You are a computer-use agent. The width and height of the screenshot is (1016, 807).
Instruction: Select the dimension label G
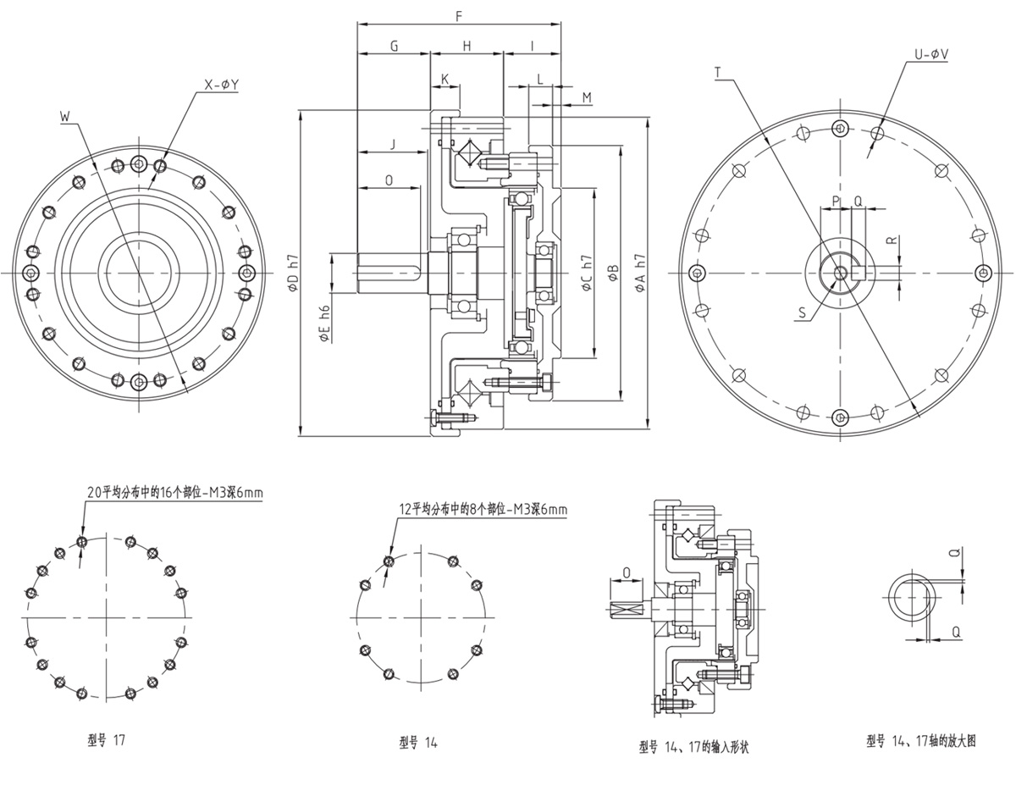point(394,46)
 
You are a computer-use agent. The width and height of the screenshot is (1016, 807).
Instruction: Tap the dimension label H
point(467,46)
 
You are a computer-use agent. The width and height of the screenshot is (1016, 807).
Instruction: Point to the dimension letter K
point(445,79)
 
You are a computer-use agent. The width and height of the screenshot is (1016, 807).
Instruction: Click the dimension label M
point(587,98)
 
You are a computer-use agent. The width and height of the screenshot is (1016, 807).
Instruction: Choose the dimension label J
point(392,144)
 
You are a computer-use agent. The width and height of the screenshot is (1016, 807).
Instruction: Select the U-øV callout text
point(930,54)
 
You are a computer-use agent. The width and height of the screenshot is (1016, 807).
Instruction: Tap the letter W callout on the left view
point(65,116)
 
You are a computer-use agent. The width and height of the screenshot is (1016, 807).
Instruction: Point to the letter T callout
point(718,74)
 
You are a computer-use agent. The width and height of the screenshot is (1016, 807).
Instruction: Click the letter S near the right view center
point(801,312)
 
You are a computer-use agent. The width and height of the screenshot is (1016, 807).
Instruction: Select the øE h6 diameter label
point(324,324)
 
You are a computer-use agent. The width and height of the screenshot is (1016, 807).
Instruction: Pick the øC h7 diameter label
point(587,273)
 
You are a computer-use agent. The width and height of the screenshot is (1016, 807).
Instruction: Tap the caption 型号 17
point(106,739)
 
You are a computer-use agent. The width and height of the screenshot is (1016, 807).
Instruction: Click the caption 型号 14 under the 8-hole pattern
point(418,743)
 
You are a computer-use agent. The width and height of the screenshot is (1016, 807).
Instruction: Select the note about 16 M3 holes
point(170,491)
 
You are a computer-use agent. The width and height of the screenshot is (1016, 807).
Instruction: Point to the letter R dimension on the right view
point(892,240)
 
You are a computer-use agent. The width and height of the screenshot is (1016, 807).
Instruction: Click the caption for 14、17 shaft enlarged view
point(921,740)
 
